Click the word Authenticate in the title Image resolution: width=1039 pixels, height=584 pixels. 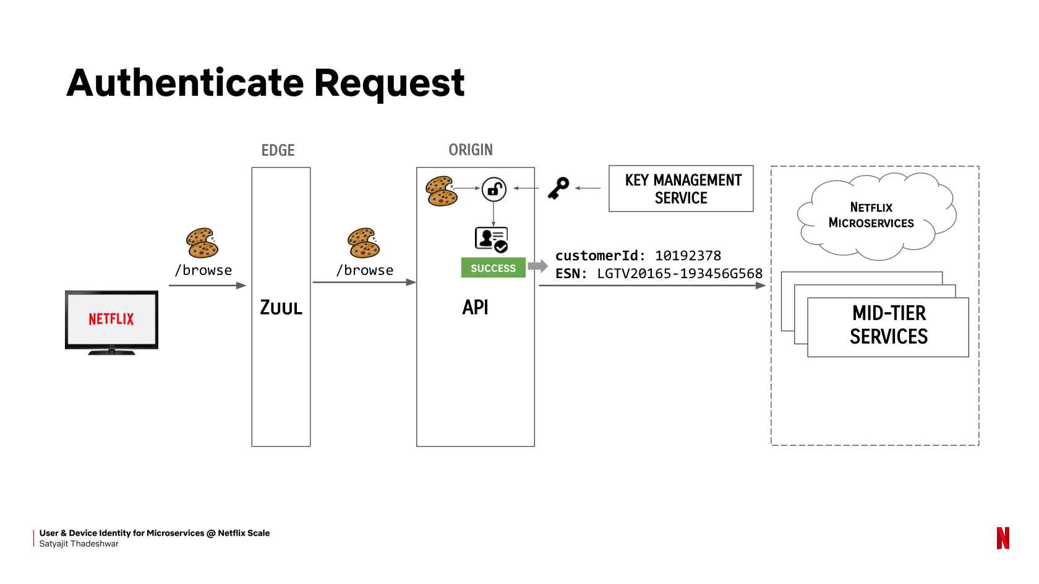(185, 83)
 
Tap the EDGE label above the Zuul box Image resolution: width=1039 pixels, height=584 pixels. (278, 150)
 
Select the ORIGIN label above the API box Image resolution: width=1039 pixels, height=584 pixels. (470, 150)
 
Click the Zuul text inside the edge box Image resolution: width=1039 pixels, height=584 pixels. (281, 307)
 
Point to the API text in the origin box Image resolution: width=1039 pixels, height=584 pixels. (475, 307)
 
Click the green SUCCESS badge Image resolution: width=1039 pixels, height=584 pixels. (493, 268)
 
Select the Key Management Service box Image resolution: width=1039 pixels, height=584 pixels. (681, 188)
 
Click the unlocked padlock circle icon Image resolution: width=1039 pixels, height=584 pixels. (494, 189)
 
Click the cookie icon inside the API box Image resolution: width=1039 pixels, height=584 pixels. (441, 191)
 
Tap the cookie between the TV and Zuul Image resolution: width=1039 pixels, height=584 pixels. (202, 243)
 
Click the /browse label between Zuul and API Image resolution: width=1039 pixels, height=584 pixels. (365, 270)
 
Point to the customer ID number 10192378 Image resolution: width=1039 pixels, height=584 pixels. (688, 255)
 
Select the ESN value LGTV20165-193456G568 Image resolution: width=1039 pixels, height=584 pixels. (680, 273)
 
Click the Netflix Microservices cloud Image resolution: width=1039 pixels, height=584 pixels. (876, 216)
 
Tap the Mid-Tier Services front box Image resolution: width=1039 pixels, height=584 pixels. (888, 327)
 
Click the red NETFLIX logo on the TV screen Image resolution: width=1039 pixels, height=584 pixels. (111, 319)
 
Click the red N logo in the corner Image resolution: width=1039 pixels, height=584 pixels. (1003, 538)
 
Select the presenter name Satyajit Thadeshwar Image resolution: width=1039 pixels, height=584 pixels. (79, 544)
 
